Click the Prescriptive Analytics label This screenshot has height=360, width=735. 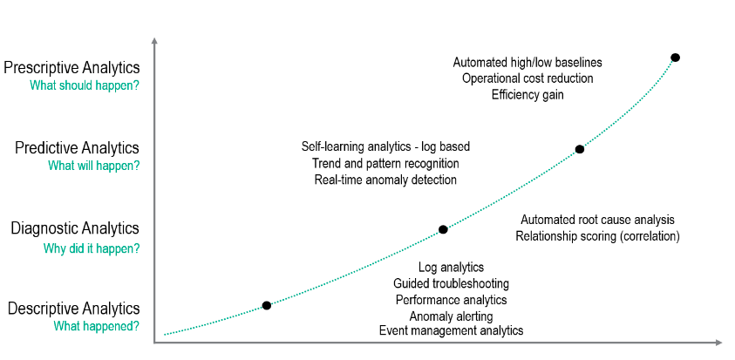(71, 68)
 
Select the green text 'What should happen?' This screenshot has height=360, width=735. (85, 85)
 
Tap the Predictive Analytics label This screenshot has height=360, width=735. (78, 148)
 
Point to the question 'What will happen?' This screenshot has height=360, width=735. (94, 166)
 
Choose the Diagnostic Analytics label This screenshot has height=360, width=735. (75, 228)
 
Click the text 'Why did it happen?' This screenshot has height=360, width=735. (92, 248)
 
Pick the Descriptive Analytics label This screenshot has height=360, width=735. (74, 309)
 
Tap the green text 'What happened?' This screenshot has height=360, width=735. (97, 326)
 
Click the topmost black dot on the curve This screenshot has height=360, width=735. (675, 58)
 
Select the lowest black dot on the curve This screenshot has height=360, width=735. (266, 306)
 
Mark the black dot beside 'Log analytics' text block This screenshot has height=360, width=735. (443, 230)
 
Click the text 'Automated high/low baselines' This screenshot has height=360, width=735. (527, 63)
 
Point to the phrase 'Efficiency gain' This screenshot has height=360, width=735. (527, 95)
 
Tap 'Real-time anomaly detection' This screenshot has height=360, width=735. (385, 180)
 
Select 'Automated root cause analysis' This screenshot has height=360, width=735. (597, 220)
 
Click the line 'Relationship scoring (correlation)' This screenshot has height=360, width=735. (597, 235)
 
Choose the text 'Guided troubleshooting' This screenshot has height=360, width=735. (451, 283)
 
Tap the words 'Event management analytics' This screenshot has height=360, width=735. (451, 330)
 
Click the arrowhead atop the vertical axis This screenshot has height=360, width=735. (154, 40)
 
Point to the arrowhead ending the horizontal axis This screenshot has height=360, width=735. (718, 343)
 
